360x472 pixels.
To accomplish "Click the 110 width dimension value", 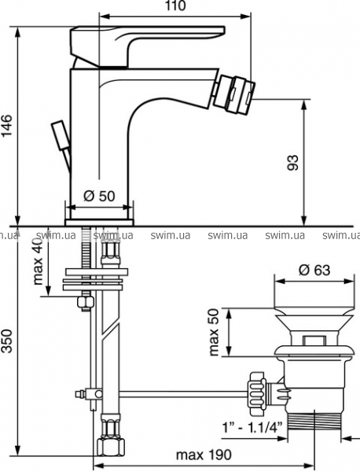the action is point(175,6).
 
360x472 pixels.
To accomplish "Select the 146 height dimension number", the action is point(6,125).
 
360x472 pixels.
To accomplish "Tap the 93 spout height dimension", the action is point(293,163).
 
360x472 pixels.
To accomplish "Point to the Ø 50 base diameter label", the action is point(99,196).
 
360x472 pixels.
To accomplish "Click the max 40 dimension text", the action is point(39,263).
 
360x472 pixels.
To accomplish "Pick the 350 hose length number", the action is point(6,341).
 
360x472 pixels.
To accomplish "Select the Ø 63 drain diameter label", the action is point(314,270).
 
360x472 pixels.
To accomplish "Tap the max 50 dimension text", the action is point(214,332).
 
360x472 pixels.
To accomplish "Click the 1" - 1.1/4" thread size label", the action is point(252,426).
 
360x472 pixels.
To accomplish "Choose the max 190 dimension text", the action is point(204,455).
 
